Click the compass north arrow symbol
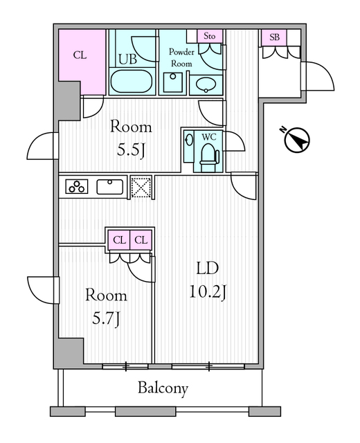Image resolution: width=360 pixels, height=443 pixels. [x=297, y=140]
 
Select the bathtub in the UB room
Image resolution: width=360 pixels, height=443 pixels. [x=132, y=81]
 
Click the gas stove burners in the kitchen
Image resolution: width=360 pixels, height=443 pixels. [x=77, y=186]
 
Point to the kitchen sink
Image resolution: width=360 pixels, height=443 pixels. [x=110, y=187]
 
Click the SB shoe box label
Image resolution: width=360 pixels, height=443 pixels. [x=274, y=37]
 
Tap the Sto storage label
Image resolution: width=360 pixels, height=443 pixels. [x=209, y=36]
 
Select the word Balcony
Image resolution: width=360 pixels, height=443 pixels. [x=163, y=388]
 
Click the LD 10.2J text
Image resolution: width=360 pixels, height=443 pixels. [x=208, y=280]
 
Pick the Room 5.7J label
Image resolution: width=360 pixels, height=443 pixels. [x=106, y=307]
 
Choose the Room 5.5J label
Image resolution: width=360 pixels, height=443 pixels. [x=131, y=138]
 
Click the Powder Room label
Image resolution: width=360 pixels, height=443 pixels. [x=181, y=57]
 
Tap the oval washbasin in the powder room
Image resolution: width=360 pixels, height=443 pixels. [x=206, y=84]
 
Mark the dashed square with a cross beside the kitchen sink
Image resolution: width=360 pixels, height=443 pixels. [x=141, y=187]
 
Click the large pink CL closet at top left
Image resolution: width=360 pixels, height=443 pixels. [x=82, y=62]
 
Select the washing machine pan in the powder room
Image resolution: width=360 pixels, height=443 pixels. [x=172, y=82]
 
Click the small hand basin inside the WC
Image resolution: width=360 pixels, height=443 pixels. [x=189, y=139]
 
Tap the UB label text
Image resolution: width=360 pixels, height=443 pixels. [x=127, y=59]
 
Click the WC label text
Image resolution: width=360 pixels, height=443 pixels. [x=209, y=137]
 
